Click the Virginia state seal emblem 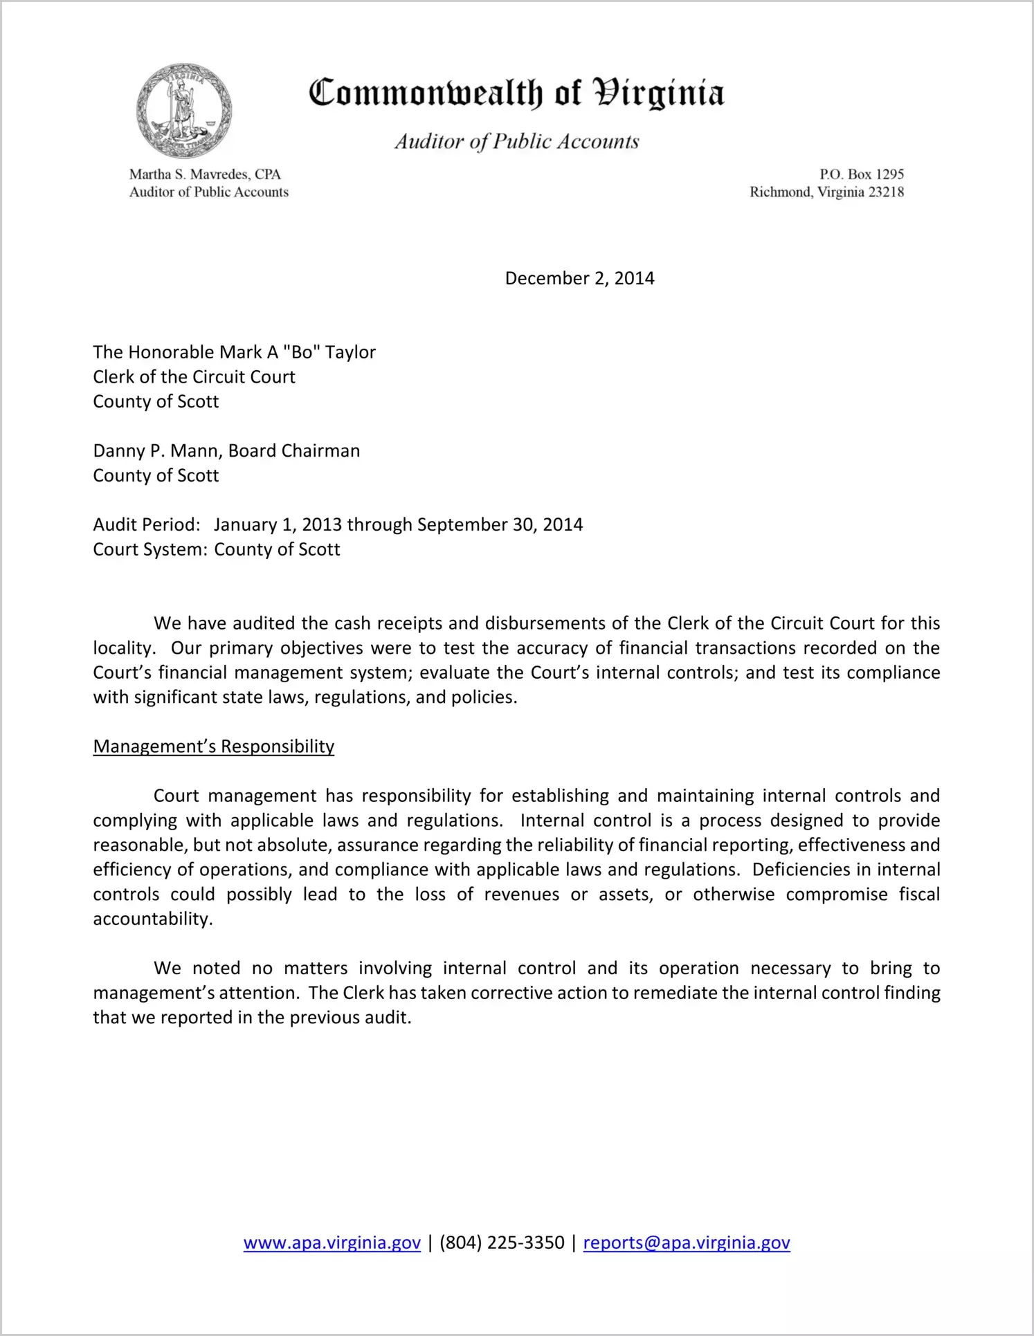[x=183, y=111]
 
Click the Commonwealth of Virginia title [x=516, y=93]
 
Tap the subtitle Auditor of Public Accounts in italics [x=516, y=142]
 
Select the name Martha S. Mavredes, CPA [x=205, y=174]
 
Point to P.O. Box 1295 [x=861, y=174]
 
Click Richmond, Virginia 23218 [x=826, y=192]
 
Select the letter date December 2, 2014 [x=579, y=278]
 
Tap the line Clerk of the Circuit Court [x=194, y=377]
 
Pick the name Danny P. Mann [x=156, y=451]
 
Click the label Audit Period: [x=147, y=524]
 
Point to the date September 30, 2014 [x=500, y=524]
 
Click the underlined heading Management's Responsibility [x=213, y=747]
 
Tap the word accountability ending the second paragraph [x=152, y=919]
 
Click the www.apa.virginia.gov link [x=332, y=1243]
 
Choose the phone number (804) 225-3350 [x=502, y=1243]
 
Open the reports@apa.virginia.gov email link [x=686, y=1243]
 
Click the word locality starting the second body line [x=122, y=648]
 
